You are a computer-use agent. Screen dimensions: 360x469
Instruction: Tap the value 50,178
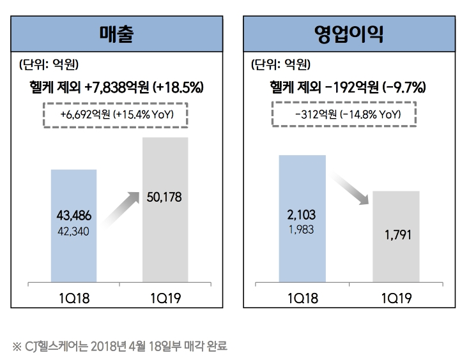point(164,198)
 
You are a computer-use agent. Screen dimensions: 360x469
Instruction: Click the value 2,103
point(302,214)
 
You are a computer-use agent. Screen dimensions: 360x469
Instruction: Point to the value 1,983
point(302,228)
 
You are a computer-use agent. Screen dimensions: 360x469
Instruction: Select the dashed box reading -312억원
point(344,115)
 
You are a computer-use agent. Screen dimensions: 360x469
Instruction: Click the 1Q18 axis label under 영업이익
point(303,298)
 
